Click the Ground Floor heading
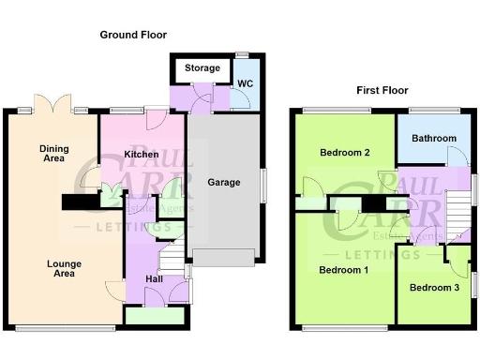coord(133,35)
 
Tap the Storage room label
coord(202,68)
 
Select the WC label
coord(246,83)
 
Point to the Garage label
coord(224,182)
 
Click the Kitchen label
coord(141,153)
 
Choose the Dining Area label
coord(53,154)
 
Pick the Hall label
coord(156,279)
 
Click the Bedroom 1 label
coord(342,270)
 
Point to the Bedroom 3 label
coord(434,288)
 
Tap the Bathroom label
coord(433,139)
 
